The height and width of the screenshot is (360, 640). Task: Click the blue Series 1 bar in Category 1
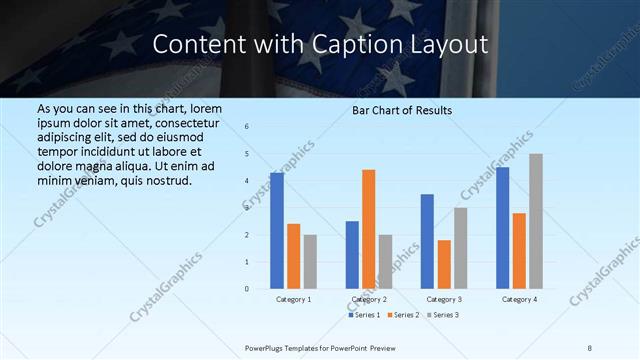pyautogui.click(x=277, y=231)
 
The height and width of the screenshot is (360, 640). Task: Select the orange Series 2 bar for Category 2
pyautogui.click(x=368, y=229)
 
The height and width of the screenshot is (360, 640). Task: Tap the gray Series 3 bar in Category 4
pyautogui.click(x=536, y=221)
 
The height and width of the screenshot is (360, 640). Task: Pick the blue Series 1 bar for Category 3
pyautogui.click(x=427, y=241)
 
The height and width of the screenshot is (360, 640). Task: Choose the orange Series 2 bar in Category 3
pyautogui.click(x=444, y=264)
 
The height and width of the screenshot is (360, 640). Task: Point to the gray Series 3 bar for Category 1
pyautogui.click(x=310, y=262)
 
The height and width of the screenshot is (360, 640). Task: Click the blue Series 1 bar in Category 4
pyautogui.click(x=502, y=228)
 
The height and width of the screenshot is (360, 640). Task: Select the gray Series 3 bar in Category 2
pyautogui.click(x=385, y=262)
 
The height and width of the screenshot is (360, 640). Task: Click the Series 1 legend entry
pyautogui.click(x=364, y=315)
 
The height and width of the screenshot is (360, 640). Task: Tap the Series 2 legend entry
pyautogui.click(x=404, y=315)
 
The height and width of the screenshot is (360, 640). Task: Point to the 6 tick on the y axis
pyautogui.click(x=247, y=126)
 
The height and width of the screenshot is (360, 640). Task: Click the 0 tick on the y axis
pyautogui.click(x=247, y=289)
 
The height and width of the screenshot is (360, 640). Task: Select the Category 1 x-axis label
pyautogui.click(x=294, y=299)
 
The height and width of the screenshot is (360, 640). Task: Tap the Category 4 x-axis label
pyautogui.click(x=519, y=299)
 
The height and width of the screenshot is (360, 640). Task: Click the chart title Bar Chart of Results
pyautogui.click(x=402, y=110)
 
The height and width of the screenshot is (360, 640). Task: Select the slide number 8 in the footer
pyautogui.click(x=590, y=347)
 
